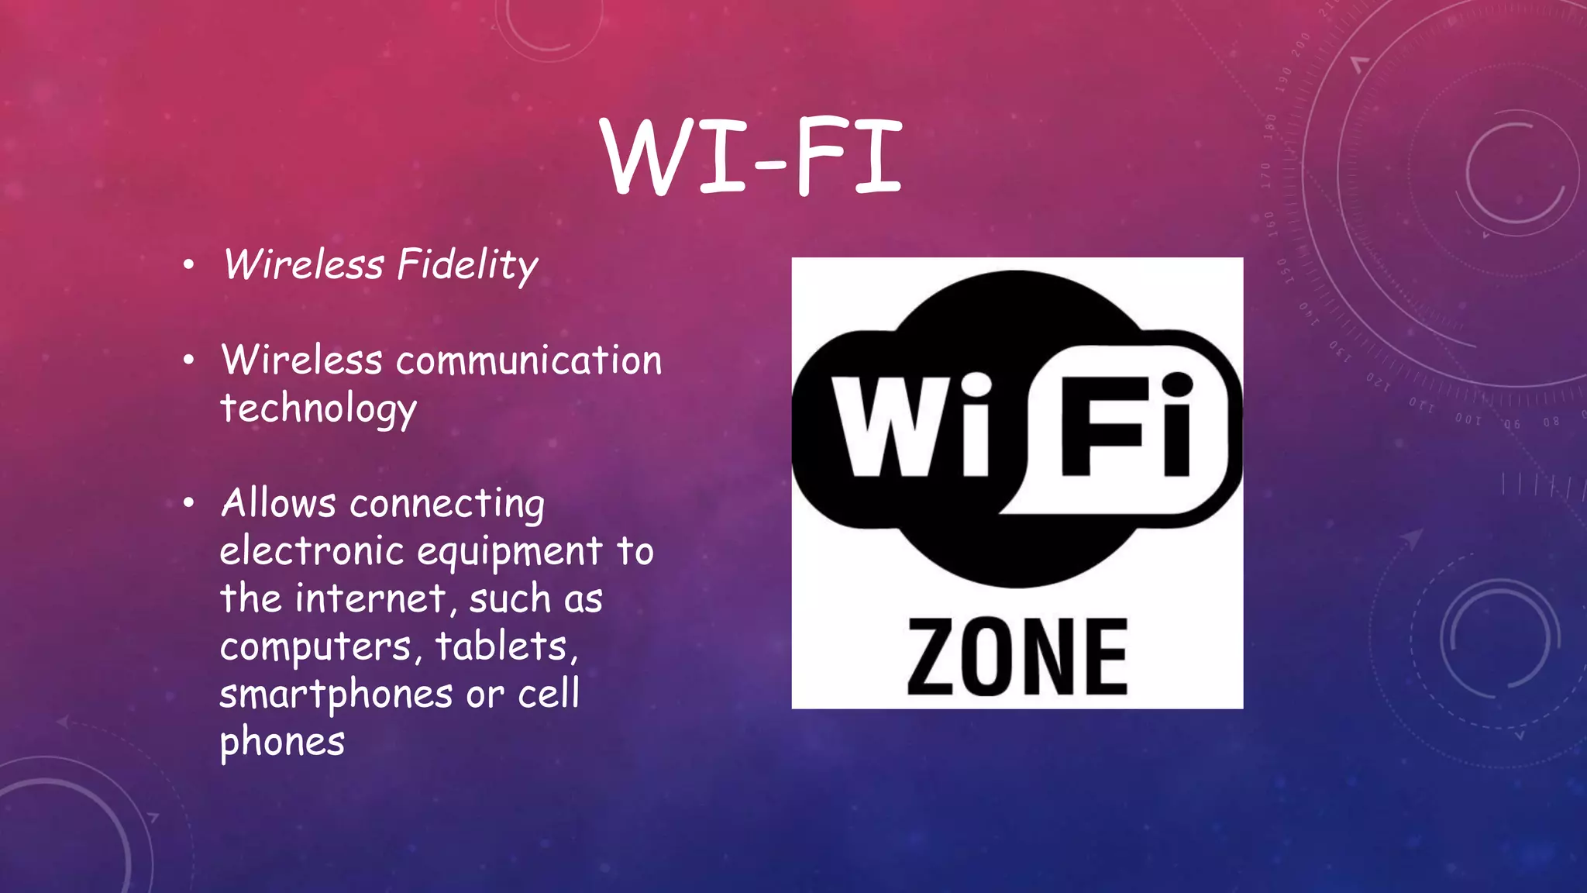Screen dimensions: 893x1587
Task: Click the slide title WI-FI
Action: pos(752,157)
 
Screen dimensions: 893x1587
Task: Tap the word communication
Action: pos(529,361)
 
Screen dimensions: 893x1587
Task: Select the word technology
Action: pos(318,409)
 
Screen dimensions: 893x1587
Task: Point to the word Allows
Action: pos(279,503)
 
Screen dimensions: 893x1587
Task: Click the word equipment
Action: pos(510,552)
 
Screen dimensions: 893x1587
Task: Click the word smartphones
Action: pos(336,695)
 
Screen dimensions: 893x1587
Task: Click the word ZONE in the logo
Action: pos(1017,657)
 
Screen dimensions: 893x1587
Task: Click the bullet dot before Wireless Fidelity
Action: pos(188,266)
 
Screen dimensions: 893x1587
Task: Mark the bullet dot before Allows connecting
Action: pos(188,504)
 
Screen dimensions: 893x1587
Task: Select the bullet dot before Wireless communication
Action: pos(188,361)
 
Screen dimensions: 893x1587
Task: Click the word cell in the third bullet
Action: pos(549,694)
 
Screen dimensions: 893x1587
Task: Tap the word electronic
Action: pos(312,552)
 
